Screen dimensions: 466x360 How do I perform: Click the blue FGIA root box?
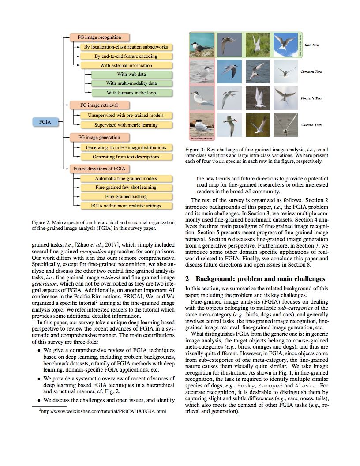pyautogui.click(x=45, y=121)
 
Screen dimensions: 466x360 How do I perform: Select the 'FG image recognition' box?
pyautogui.click(x=99, y=38)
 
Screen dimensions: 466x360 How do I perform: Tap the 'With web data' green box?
pyautogui.click(x=131, y=74)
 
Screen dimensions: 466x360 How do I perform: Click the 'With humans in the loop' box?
pyautogui.click(x=131, y=93)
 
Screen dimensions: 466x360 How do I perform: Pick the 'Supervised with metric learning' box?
pyautogui.click(x=126, y=125)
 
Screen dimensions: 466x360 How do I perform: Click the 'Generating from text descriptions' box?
pyautogui.click(x=126, y=157)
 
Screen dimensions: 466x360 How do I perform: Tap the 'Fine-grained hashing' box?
pyautogui.click(x=126, y=196)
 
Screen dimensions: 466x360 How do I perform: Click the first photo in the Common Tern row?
pyautogui.click(x=202, y=71)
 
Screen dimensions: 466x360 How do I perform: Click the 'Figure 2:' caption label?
pyautogui.click(x=42, y=223)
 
